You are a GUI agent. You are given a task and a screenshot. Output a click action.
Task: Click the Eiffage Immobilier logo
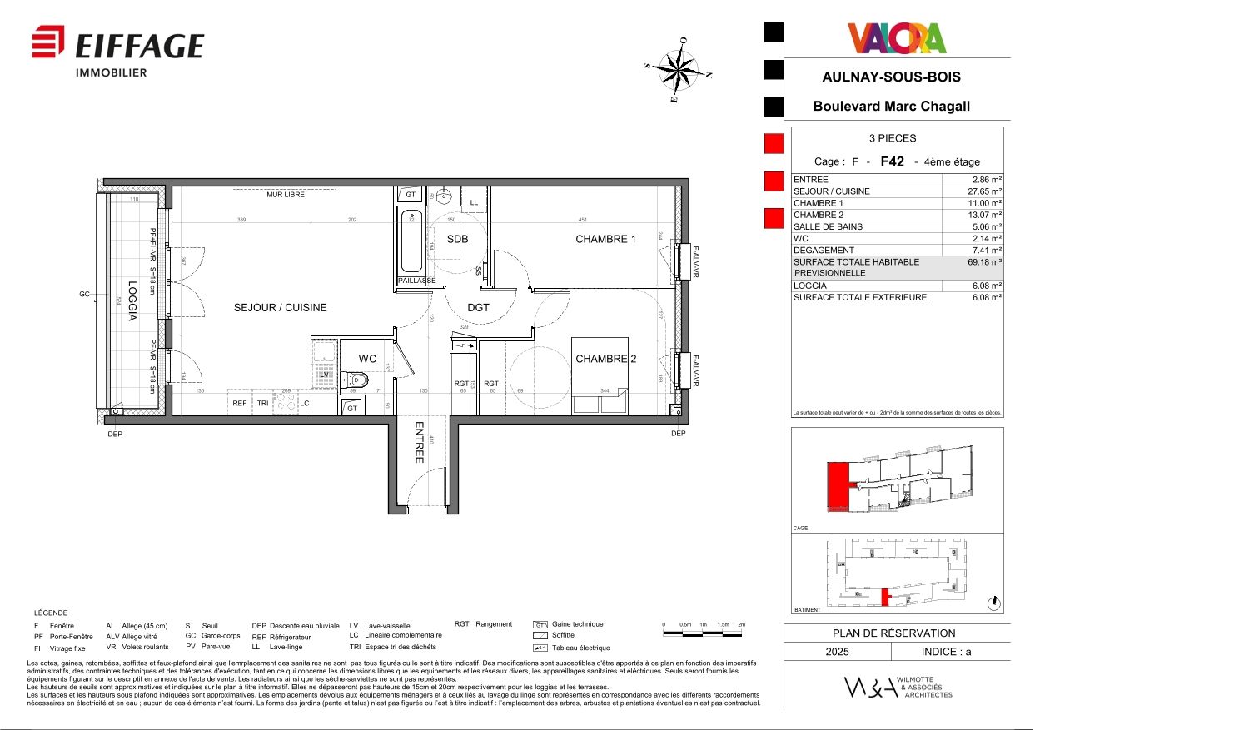(117, 51)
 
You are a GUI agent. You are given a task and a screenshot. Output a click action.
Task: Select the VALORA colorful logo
(897, 38)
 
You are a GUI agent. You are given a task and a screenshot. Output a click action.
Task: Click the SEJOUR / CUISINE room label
(280, 308)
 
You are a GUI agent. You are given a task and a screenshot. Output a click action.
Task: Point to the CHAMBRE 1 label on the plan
(605, 239)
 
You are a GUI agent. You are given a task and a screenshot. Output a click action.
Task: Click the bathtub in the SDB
(411, 241)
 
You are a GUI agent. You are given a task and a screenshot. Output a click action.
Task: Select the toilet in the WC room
(356, 380)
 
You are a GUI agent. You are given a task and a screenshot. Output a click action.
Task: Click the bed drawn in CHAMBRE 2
(600, 375)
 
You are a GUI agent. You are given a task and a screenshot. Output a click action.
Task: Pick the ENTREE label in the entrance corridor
(420, 442)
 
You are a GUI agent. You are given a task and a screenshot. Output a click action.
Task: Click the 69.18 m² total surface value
(983, 262)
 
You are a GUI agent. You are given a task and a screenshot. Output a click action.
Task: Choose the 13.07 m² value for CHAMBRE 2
(983, 215)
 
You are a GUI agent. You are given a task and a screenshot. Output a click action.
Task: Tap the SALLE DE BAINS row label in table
(828, 226)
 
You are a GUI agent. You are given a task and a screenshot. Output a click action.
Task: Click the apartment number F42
(892, 161)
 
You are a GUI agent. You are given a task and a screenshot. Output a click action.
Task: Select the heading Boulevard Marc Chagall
(891, 107)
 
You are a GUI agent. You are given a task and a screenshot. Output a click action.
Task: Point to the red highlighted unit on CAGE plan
(838, 487)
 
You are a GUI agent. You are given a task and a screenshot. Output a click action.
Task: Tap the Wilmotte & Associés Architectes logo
(898, 688)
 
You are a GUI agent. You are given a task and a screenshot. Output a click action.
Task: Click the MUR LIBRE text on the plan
(286, 195)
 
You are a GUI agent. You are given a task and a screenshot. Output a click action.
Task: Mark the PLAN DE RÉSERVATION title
(893, 633)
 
